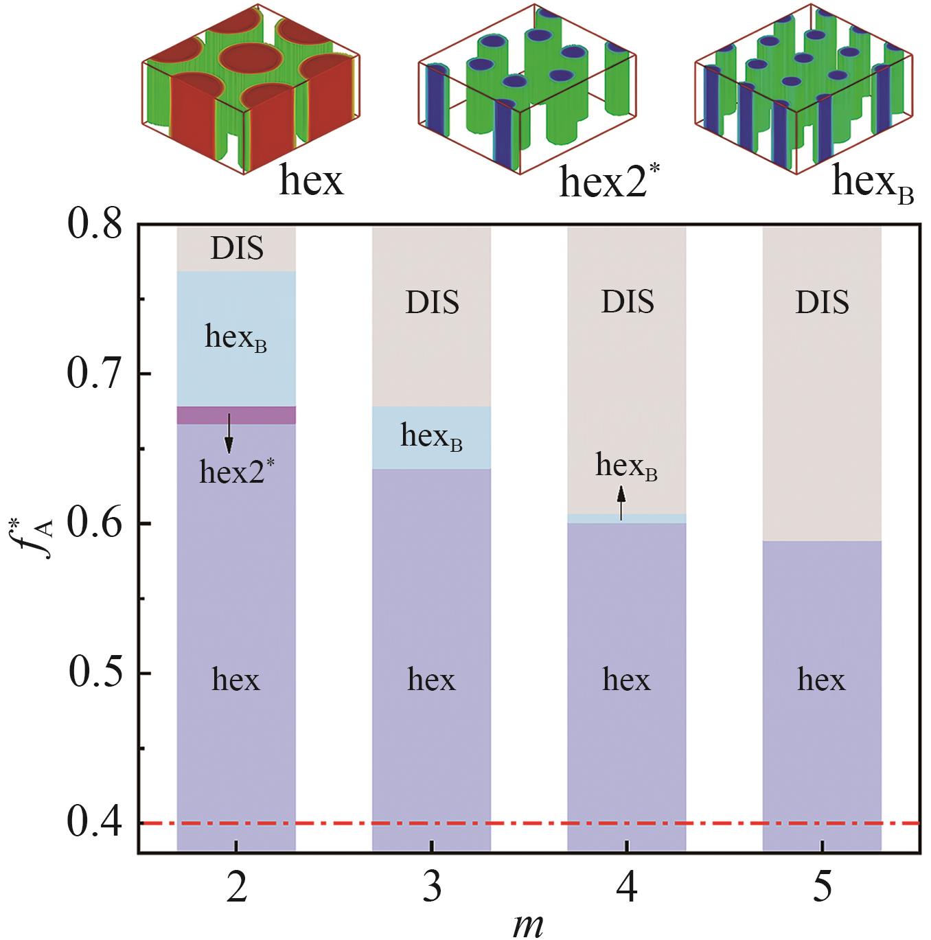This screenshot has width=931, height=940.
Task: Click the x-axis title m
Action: (x=528, y=925)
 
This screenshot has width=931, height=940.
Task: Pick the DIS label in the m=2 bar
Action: (x=236, y=249)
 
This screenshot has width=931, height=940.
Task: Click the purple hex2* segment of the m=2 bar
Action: (x=236, y=415)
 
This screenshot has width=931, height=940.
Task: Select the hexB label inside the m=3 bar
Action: (x=431, y=437)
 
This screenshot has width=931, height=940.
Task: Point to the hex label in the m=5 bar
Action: (x=822, y=680)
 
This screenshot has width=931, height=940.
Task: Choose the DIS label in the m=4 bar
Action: (x=627, y=302)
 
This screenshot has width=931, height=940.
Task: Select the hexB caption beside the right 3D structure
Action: (x=872, y=183)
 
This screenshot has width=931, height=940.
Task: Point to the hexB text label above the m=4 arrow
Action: (x=626, y=467)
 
